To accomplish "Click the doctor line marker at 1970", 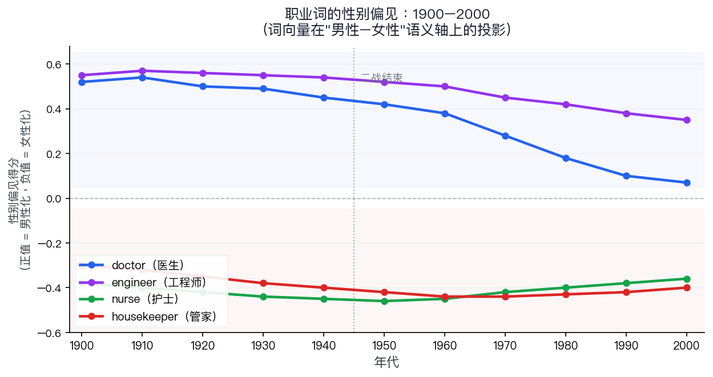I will pyautogui.click(x=505, y=136).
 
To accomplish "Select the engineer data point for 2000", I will pyautogui.click(x=687, y=120).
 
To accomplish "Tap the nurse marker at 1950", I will pyautogui.click(x=384, y=301).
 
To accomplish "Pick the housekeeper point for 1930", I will pyautogui.click(x=263, y=283).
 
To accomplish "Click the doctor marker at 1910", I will pyautogui.click(x=142, y=78).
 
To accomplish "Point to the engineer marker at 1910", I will pyautogui.click(x=142, y=71).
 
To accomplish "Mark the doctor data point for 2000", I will pyautogui.click(x=687, y=183).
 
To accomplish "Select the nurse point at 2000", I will pyautogui.click(x=687, y=279).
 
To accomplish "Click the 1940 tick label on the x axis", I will pyautogui.click(x=324, y=345).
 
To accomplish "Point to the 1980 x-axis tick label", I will pyautogui.click(x=566, y=345).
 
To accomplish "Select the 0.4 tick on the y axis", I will pyautogui.click(x=54, y=109).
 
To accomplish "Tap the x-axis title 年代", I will pyautogui.click(x=386, y=362).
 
